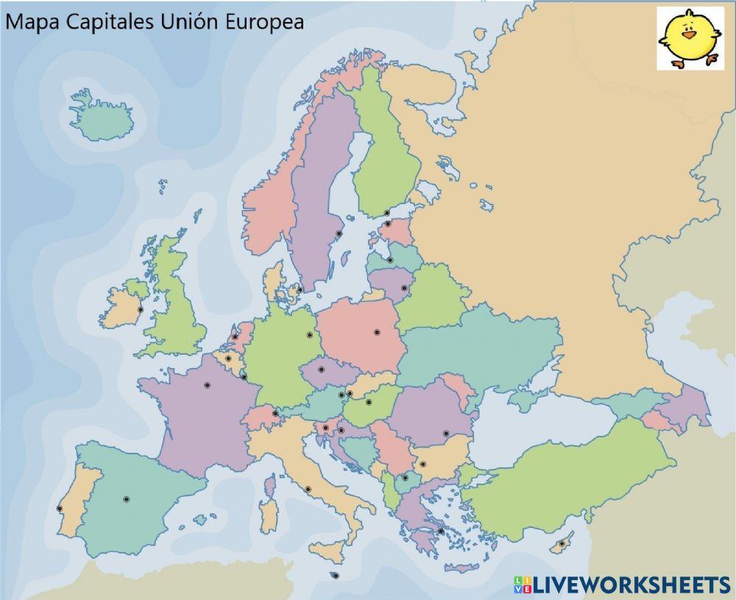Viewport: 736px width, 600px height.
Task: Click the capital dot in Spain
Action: click(x=126, y=499)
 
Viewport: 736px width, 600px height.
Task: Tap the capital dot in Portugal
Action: click(x=60, y=508)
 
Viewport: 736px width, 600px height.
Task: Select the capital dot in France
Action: click(x=207, y=385)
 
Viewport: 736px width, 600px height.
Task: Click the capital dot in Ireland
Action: click(x=140, y=310)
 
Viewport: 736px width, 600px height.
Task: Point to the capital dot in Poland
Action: click(x=377, y=333)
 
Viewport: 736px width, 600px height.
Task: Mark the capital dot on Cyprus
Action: click(x=562, y=544)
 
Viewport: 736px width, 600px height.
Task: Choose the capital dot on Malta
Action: click(x=336, y=576)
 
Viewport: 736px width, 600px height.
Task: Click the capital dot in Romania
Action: click(x=445, y=434)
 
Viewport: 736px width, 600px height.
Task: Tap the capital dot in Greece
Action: click(x=440, y=530)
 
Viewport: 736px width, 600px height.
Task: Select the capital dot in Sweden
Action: click(x=339, y=234)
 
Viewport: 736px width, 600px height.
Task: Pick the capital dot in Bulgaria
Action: click(x=422, y=465)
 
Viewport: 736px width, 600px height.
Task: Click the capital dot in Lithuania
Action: click(x=403, y=288)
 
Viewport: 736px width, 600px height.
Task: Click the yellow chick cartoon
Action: click(x=690, y=38)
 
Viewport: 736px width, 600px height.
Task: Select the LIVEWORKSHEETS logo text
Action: click(x=629, y=585)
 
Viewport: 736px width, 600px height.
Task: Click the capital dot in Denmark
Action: click(x=300, y=289)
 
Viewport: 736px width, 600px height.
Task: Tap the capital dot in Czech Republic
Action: click(x=321, y=370)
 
